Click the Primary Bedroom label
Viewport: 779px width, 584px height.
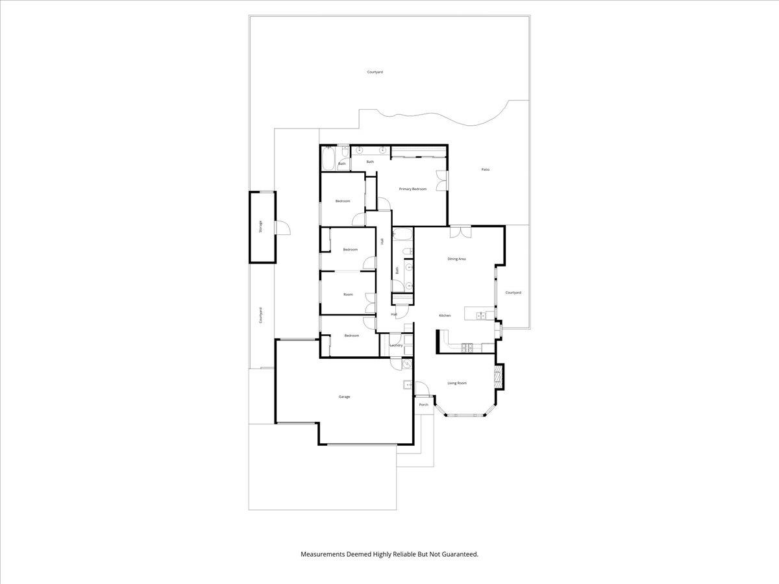click(412, 189)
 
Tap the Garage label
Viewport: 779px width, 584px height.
click(344, 396)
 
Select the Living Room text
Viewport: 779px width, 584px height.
click(457, 383)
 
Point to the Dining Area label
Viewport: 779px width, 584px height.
click(456, 259)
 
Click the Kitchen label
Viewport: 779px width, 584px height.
click(445, 315)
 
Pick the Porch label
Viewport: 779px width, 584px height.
click(424, 404)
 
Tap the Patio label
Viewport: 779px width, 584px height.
click(486, 169)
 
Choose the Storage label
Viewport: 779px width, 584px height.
click(260, 226)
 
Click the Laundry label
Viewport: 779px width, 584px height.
click(397, 345)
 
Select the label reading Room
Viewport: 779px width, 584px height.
click(348, 295)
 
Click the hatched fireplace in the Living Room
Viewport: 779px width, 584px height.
click(499, 376)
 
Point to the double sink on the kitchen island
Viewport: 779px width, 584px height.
click(481, 315)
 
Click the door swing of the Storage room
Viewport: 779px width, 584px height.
click(283, 227)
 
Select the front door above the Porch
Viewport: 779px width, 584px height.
click(422, 389)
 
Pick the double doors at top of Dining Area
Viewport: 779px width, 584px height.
click(460, 232)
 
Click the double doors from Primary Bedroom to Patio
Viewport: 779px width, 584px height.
click(442, 181)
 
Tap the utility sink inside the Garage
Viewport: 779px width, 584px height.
click(408, 385)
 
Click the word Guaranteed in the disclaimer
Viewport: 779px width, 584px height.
click(460, 554)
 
